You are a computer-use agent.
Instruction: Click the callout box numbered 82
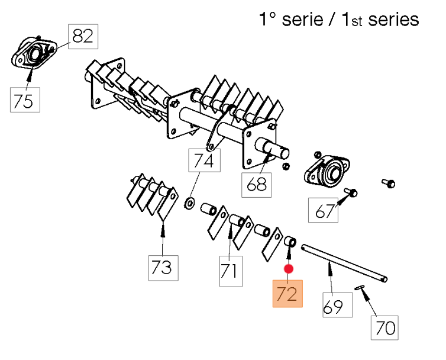click(83, 37)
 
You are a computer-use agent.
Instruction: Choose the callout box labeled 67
click(325, 211)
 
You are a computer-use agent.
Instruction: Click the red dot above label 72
click(288, 269)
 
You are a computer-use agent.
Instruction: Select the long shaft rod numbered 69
click(343, 262)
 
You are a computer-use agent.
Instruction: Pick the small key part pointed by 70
click(361, 288)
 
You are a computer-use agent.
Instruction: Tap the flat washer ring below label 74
click(189, 203)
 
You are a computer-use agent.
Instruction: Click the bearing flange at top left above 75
click(33, 54)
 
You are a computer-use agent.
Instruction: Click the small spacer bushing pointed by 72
click(290, 242)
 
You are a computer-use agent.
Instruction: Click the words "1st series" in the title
click(381, 20)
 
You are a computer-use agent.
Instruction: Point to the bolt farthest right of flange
click(389, 183)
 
